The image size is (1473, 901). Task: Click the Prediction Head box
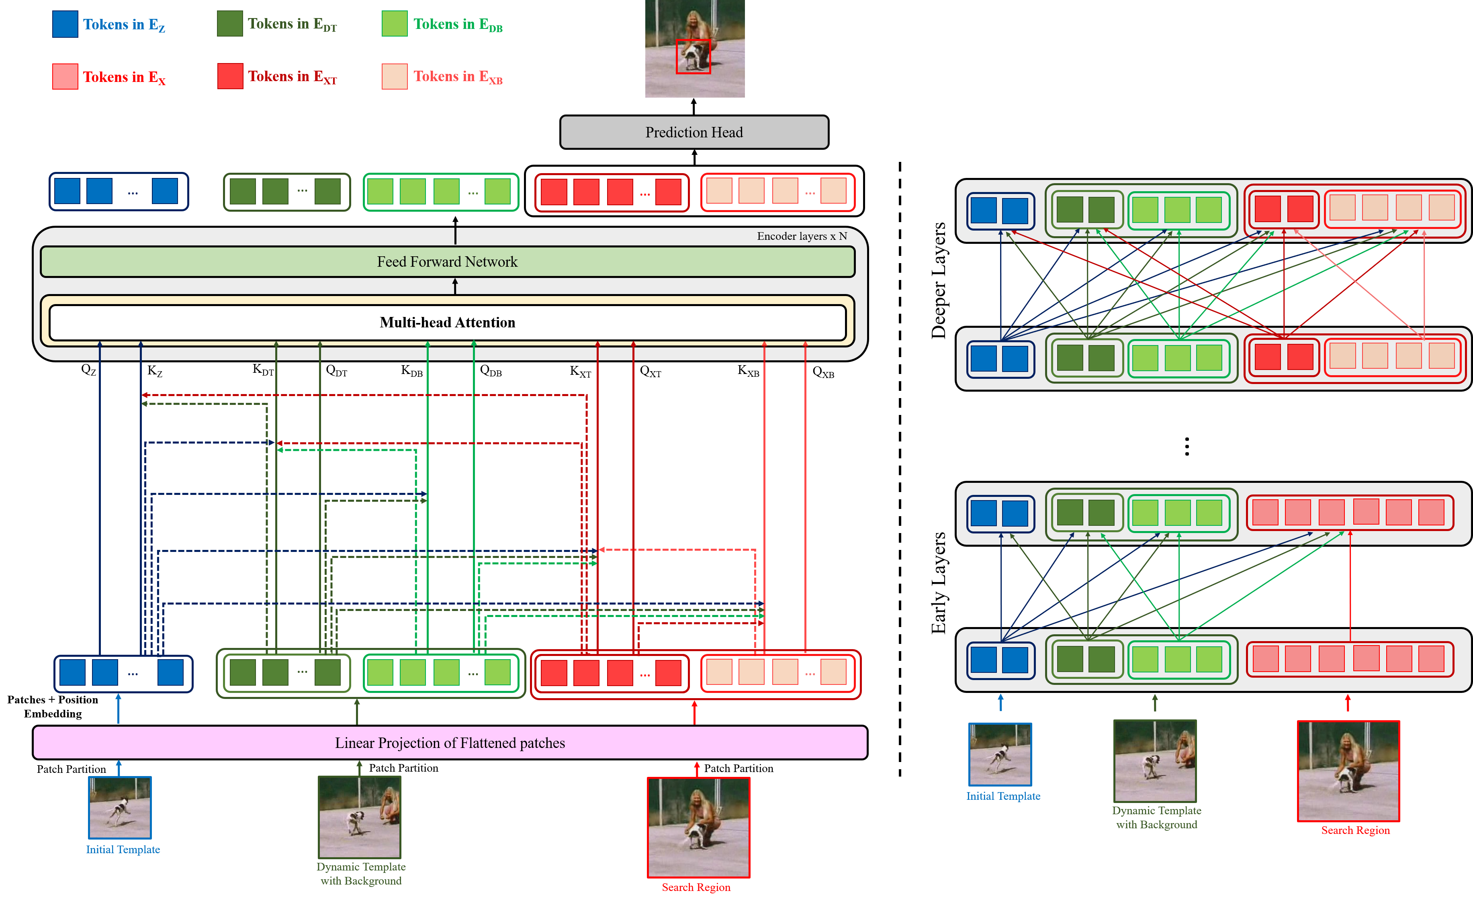[x=694, y=132]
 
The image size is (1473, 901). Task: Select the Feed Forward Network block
[x=447, y=262]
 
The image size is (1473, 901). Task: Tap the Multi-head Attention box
[x=447, y=323]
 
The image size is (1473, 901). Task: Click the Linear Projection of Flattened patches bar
[x=450, y=743]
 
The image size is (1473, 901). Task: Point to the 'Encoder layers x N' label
[x=802, y=236]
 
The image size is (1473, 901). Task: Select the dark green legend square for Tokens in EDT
[x=229, y=24]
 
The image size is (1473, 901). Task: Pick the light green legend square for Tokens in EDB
[x=395, y=24]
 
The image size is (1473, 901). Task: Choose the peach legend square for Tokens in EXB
[x=395, y=76]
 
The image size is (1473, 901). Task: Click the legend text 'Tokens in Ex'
[x=124, y=77]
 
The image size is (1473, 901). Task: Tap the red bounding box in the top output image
[x=693, y=57]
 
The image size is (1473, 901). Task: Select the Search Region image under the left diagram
[x=698, y=827]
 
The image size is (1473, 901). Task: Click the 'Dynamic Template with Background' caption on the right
[x=1156, y=817]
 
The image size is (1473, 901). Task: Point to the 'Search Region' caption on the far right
[x=1355, y=830]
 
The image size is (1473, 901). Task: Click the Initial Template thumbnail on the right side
[x=1000, y=754]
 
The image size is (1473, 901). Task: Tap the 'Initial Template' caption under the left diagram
[x=123, y=850]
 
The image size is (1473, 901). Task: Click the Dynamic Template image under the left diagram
[x=359, y=817]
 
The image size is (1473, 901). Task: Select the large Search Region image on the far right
[x=1348, y=771]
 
